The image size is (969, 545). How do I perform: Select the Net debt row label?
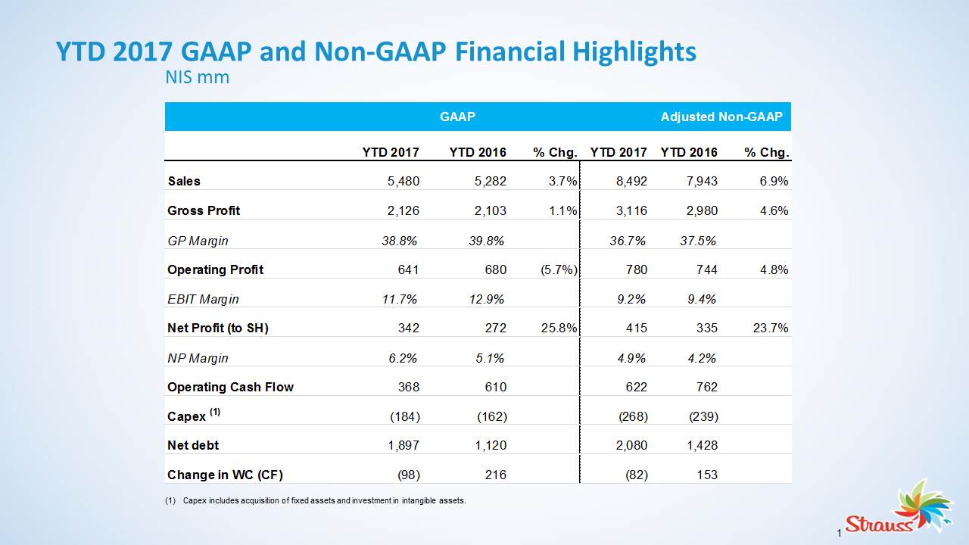[x=193, y=446]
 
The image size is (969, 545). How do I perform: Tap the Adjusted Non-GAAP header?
[x=721, y=117]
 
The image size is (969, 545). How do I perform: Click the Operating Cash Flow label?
[x=230, y=388]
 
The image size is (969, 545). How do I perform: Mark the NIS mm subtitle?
[x=197, y=77]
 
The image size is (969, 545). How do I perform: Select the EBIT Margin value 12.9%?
[x=486, y=300]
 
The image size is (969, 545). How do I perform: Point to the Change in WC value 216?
[x=495, y=475]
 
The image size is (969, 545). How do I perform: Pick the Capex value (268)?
[x=633, y=417]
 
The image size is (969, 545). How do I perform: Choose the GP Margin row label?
[x=198, y=241]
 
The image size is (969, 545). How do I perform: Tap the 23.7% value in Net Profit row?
[x=773, y=329]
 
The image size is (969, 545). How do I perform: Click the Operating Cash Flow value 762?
[x=705, y=388]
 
